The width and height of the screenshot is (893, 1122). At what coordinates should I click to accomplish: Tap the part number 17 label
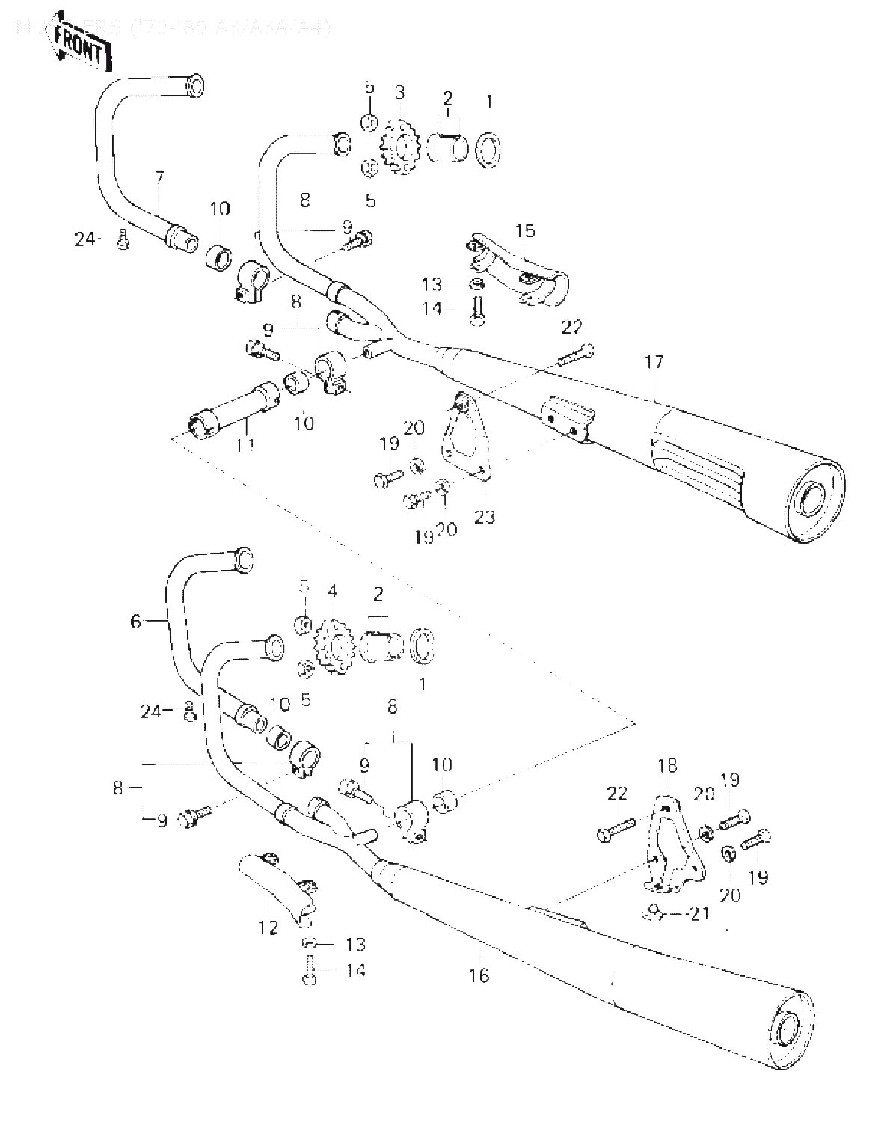[x=653, y=363]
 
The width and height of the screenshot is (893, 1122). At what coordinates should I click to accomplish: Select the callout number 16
[x=479, y=975]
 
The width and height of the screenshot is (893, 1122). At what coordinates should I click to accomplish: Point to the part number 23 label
[x=485, y=516]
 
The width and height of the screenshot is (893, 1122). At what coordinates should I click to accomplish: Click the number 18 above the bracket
[x=666, y=765]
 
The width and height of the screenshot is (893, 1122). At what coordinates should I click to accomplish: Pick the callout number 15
[x=526, y=230]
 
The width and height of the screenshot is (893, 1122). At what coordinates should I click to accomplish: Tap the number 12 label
[x=268, y=928]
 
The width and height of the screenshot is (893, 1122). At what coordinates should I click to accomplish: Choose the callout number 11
[x=246, y=445]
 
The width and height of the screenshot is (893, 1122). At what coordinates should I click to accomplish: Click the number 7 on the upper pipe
[x=159, y=177]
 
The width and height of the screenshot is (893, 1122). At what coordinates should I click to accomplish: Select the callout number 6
[x=135, y=621]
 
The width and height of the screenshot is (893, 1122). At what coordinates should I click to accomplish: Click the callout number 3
[x=400, y=93]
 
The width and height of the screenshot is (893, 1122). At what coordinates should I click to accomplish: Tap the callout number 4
[x=331, y=591]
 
